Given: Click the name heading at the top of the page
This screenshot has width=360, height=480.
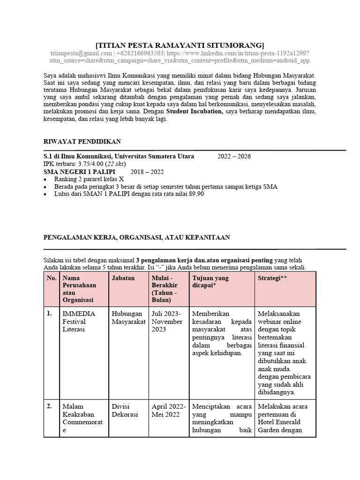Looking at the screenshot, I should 180,45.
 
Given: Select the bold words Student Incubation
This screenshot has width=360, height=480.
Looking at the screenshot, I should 195,112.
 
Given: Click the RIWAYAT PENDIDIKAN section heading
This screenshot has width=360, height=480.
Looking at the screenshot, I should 82,141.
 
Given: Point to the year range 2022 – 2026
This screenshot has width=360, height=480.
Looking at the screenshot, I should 234,156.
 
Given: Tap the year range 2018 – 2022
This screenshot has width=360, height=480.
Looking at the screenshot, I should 147,171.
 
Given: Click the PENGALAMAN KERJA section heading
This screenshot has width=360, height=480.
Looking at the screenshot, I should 136,238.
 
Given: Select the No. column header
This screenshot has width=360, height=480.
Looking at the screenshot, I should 52,278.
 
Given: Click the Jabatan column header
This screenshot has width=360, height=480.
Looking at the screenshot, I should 123,278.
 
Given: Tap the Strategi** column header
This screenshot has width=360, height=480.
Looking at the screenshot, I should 272,278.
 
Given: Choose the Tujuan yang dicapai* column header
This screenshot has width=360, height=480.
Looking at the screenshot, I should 210,281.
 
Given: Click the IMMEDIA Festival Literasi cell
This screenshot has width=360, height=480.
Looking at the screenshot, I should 79,321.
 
